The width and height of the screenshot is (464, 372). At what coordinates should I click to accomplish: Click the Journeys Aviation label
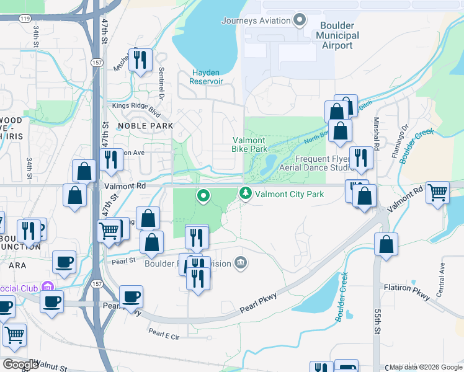(x=256, y=20)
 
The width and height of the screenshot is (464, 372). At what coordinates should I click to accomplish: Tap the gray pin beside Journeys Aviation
(x=300, y=20)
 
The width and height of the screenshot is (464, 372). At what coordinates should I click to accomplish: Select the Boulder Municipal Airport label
(x=337, y=35)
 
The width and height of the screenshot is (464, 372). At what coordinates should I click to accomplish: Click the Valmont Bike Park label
(x=249, y=144)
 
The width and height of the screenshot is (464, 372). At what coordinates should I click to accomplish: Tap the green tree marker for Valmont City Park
(x=246, y=194)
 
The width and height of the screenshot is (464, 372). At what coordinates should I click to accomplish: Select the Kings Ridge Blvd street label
(x=136, y=106)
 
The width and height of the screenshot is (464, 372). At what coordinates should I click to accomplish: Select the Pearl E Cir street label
(x=163, y=336)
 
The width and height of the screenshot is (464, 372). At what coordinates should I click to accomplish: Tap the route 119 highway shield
(x=25, y=19)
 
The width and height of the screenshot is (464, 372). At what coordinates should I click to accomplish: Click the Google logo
(x=21, y=365)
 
